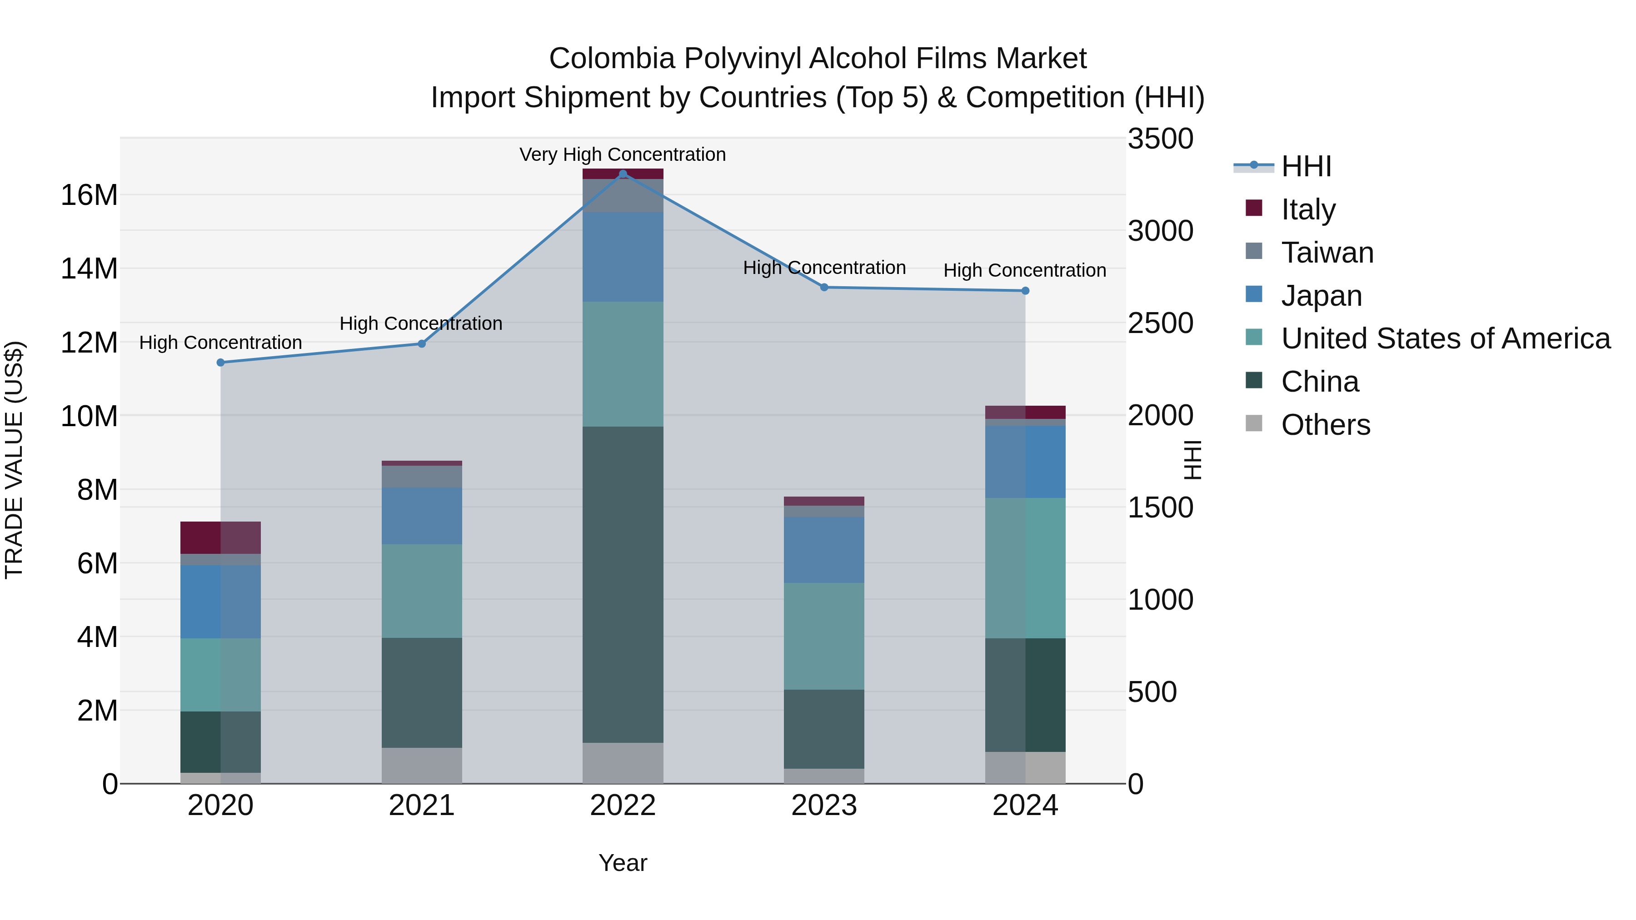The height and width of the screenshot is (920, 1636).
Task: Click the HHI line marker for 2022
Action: (623, 174)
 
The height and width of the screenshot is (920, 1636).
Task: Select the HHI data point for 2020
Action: (220, 363)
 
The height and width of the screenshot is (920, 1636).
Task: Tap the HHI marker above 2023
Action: (824, 287)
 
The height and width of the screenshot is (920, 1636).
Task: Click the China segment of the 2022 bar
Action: (623, 584)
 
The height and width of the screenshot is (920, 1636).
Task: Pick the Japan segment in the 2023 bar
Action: (824, 550)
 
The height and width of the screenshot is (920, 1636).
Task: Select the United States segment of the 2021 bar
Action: (422, 591)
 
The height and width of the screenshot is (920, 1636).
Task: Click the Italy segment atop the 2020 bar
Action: (220, 537)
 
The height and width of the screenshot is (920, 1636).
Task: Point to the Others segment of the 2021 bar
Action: (422, 765)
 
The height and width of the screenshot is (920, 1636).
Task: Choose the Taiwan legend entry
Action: (1327, 253)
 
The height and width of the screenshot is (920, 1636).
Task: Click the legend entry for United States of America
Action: (1445, 338)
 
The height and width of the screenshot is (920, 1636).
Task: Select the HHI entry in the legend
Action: (1305, 166)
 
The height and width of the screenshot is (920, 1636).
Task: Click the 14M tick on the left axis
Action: (89, 269)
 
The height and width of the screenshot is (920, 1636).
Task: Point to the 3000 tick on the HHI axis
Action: (1160, 231)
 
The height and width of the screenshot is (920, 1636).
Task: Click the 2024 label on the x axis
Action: (1024, 806)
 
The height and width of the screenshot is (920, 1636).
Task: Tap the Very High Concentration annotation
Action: (623, 154)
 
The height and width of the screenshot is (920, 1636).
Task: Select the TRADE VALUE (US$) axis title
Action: (14, 460)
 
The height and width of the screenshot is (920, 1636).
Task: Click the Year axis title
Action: (623, 863)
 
